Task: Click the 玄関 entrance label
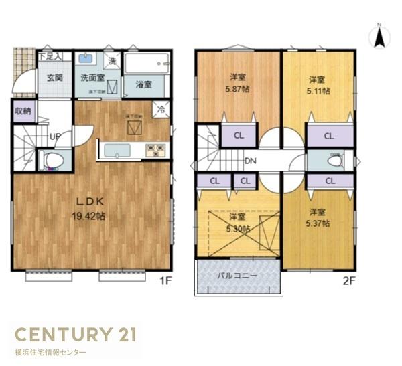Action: click(54, 78)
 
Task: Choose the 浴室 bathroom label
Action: click(143, 84)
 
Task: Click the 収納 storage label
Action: click(22, 112)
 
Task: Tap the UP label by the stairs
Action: click(56, 136)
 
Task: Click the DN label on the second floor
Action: click(250, 161)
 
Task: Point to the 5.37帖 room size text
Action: click(318, 224)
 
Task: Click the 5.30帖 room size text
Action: click(239, 228)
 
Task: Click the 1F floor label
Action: click(165, 280)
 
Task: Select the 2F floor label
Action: click(347, 280)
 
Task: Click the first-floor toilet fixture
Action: click(53, 159)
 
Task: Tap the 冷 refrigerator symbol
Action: click(161, 107)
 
